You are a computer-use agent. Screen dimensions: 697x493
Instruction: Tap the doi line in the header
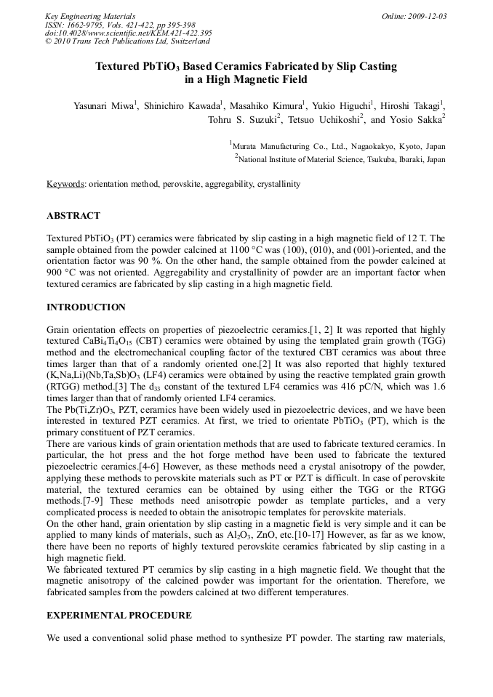[x=129, y=33]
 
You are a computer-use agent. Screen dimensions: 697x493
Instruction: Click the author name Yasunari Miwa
[x=103, y=106]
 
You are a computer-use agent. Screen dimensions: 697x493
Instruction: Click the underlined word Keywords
[x=65, y=185]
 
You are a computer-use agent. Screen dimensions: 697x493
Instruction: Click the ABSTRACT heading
[x=73, y=216]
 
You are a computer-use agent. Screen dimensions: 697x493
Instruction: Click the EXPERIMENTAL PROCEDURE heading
[x=119, y=615]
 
